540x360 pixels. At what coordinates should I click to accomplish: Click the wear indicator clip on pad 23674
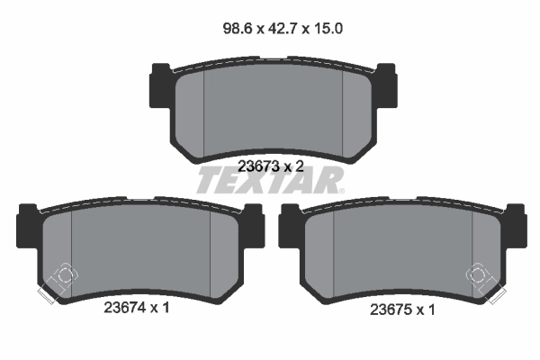(x=57, y=280)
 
